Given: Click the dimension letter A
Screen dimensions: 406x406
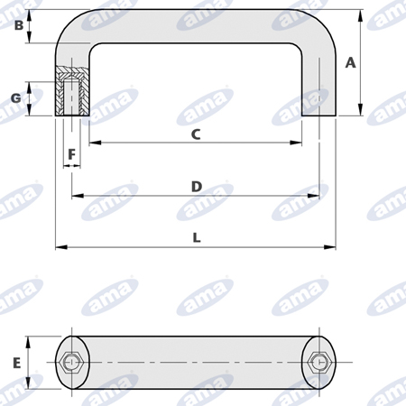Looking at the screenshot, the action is point(351,63).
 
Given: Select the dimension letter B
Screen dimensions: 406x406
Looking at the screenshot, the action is point(19,25).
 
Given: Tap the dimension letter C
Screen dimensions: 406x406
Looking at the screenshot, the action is point(196,134).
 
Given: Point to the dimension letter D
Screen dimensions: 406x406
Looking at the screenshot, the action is point(197,187).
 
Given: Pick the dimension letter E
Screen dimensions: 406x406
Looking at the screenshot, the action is point(17,363).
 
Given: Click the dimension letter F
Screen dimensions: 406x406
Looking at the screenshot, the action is point(71,154).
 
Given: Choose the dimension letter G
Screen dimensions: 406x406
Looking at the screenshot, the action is point(16,98).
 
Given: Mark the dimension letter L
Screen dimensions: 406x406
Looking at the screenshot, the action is point(197,238).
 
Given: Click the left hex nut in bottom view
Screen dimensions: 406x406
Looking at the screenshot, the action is point(71,363).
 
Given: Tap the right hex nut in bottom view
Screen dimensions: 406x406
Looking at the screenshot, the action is point(319,363).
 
